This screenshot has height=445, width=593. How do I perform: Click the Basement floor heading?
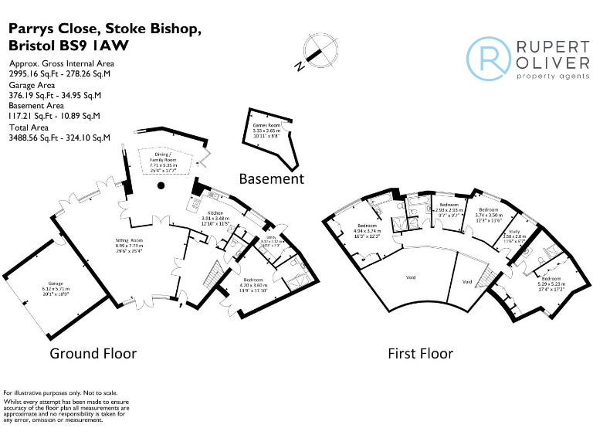click(271, 178)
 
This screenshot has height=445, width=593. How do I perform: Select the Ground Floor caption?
click(93, 353)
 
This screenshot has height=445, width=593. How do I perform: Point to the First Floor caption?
click(421, 353)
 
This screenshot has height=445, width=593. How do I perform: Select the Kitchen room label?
click(215, 215)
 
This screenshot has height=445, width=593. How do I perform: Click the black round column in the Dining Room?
click(161, 186)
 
